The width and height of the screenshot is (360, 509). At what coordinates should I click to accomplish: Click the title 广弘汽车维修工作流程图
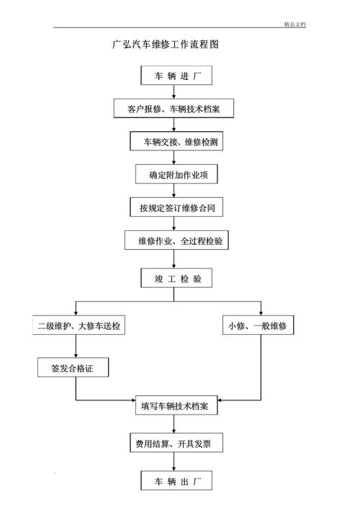coord(165,44)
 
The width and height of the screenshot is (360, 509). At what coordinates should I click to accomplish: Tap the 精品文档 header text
coord(295,24)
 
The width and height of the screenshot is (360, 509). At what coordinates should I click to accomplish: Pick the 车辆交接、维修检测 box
coord(176,142)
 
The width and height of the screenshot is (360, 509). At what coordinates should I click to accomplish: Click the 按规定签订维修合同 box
coord(176,208)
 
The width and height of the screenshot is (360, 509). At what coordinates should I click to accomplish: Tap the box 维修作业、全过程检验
coord(176,241)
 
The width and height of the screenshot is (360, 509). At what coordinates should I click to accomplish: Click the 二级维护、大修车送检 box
coord(79,326)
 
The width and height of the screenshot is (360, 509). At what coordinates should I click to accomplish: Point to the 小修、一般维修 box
coord(257,326)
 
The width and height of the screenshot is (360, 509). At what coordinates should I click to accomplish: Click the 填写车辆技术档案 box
coord(175,406)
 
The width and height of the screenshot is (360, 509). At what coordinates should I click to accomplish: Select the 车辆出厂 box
coord(175,480)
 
